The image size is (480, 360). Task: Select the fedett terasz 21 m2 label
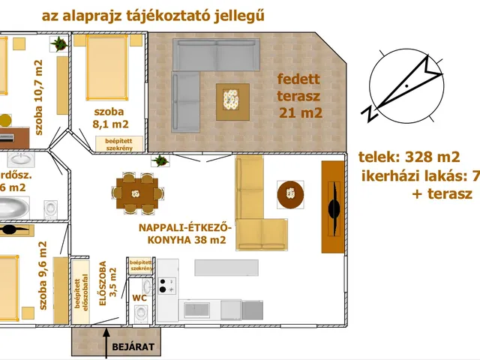299,95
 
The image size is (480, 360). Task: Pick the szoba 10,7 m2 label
38,97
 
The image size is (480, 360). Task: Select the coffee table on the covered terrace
233,100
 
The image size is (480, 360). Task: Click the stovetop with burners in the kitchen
168,285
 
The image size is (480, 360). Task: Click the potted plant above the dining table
160,161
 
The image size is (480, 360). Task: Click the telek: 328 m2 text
409,157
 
